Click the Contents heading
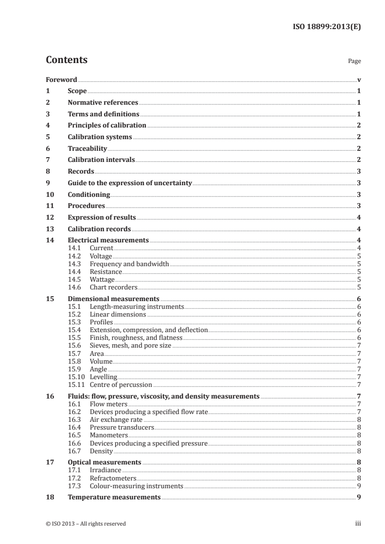[x=67, y=60]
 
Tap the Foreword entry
[x=61, y=80]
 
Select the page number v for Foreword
[x=358, y=80]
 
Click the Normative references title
[x=103, y=103]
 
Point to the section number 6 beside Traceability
[x=48, y=148]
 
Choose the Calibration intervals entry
[x=101, y=160]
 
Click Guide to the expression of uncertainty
[x=130, y=183]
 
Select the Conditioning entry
[x=89, y=194]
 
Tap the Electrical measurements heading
[x=108, y=240]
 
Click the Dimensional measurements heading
[x=114, y=299]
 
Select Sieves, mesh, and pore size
[x=131, y=345]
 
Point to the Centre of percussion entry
[x=121, y=384]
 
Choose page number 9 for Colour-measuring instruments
[x=358, y=485]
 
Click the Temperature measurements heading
[x=114, y=497]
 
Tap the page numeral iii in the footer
[x=358, y=524]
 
